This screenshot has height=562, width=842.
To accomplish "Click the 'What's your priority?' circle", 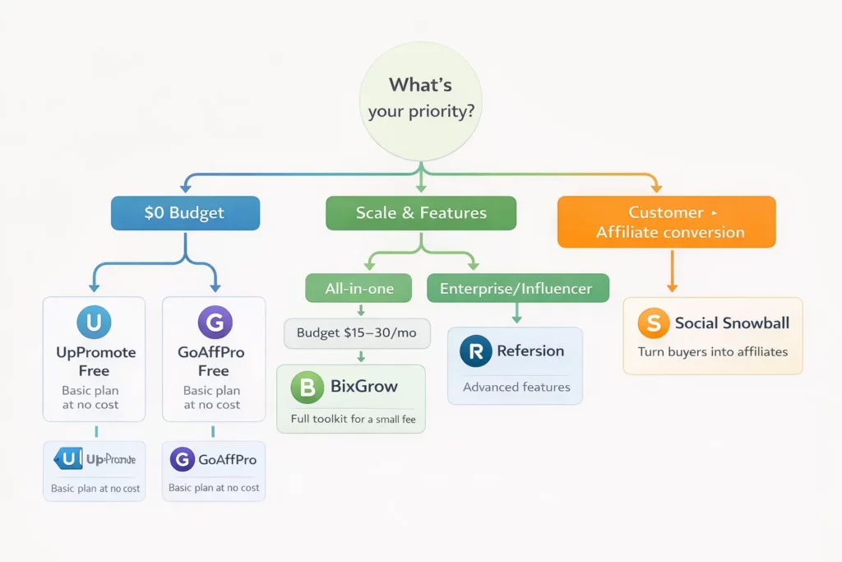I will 420,98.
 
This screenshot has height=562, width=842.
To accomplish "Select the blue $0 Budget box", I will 184,213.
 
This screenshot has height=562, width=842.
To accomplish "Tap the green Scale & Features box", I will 421,213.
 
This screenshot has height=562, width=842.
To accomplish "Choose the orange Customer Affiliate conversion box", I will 666,222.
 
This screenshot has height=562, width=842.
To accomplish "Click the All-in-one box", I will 360,289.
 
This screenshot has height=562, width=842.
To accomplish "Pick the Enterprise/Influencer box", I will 518,289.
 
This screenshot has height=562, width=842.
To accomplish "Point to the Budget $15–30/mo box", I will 357,333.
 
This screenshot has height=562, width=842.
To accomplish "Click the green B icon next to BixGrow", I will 308,387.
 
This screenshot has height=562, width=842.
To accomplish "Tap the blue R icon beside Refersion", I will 474,351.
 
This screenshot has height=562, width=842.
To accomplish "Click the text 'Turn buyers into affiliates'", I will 713,352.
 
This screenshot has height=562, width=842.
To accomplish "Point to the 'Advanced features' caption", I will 516,387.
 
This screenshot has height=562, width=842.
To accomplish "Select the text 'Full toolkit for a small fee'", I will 353,420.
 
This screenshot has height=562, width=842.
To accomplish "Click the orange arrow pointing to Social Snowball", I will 672,272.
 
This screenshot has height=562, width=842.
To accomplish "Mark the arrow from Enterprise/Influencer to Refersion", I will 516,314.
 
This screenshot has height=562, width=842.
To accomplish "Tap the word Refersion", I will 530,351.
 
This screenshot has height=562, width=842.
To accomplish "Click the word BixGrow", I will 363,386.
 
